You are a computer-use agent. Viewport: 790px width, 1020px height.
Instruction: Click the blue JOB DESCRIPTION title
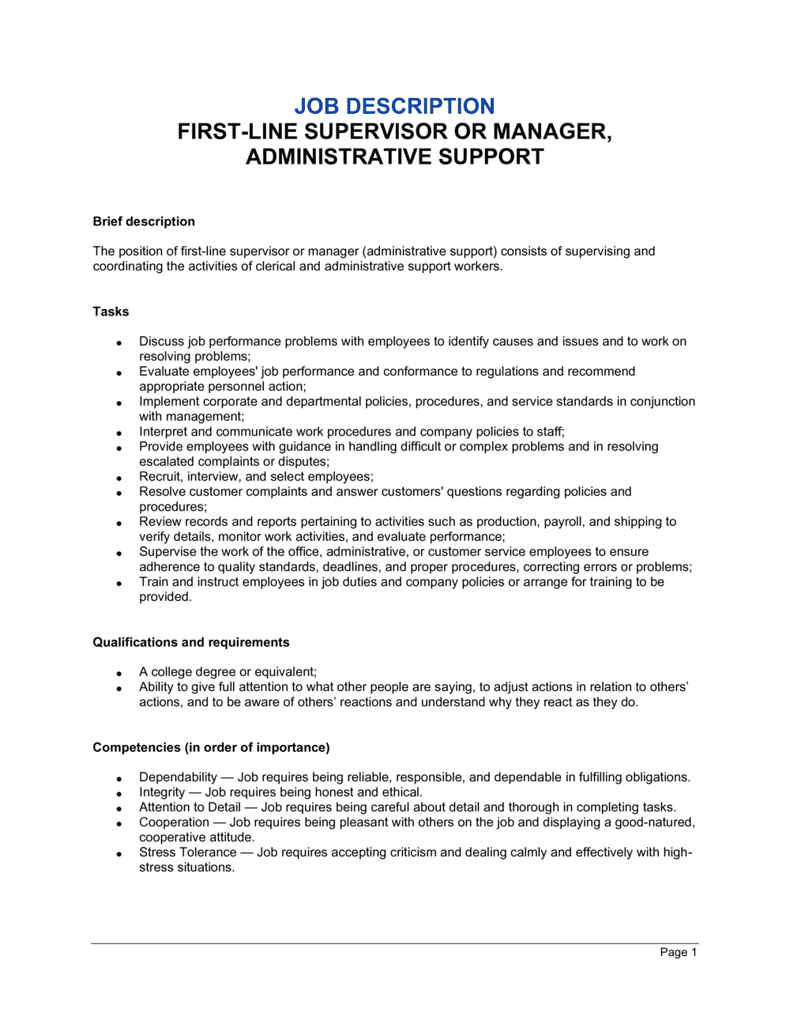pos(394,106)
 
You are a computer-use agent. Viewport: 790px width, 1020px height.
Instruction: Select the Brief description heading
pos(144,221)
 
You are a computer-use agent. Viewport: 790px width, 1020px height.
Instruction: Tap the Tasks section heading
pos(111,312)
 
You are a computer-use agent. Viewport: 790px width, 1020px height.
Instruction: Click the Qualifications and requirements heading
pos(191,642)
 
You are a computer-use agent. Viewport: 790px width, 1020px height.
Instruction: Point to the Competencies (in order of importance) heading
pos(211,747)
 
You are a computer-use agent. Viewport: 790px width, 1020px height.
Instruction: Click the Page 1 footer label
pos(678,952)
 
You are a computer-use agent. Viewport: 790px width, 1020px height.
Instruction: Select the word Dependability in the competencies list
pos(178,777)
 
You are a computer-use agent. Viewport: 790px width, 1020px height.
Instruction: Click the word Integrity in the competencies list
pos(162,792)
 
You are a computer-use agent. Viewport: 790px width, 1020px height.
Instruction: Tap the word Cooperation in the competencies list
pos(174,822)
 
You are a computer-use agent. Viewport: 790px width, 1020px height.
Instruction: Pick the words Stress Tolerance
pos(187,852)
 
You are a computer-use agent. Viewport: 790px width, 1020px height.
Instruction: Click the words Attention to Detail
pos(190,807)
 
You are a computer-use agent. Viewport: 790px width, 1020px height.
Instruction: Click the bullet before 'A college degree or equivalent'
pos(118,673)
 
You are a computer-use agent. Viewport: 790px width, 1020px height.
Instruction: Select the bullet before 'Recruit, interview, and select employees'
pos(118,478)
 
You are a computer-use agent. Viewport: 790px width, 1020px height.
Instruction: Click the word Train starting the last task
pos(154,582)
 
